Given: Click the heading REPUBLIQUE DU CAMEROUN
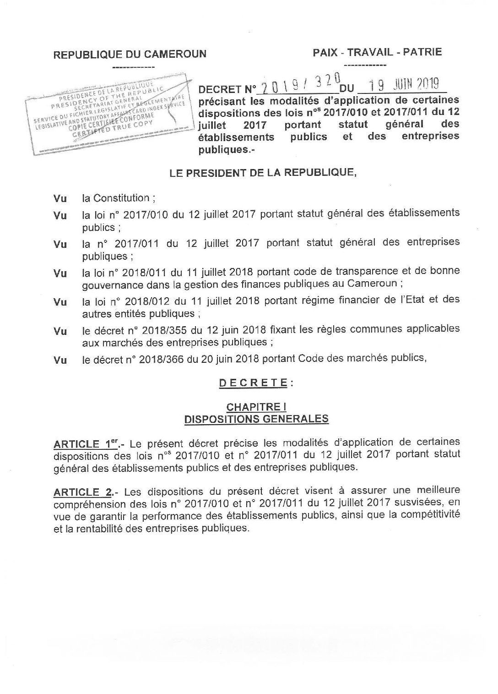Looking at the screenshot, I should tap(130, 55).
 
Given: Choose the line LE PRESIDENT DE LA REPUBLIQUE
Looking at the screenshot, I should tap(263, 173).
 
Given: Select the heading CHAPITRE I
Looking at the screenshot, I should tap(256, 407).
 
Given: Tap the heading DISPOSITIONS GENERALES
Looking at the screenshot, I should tap(256, 418).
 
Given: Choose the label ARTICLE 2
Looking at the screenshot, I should tap(83, 492).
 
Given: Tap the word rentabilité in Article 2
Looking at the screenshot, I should tap(97, 528).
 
